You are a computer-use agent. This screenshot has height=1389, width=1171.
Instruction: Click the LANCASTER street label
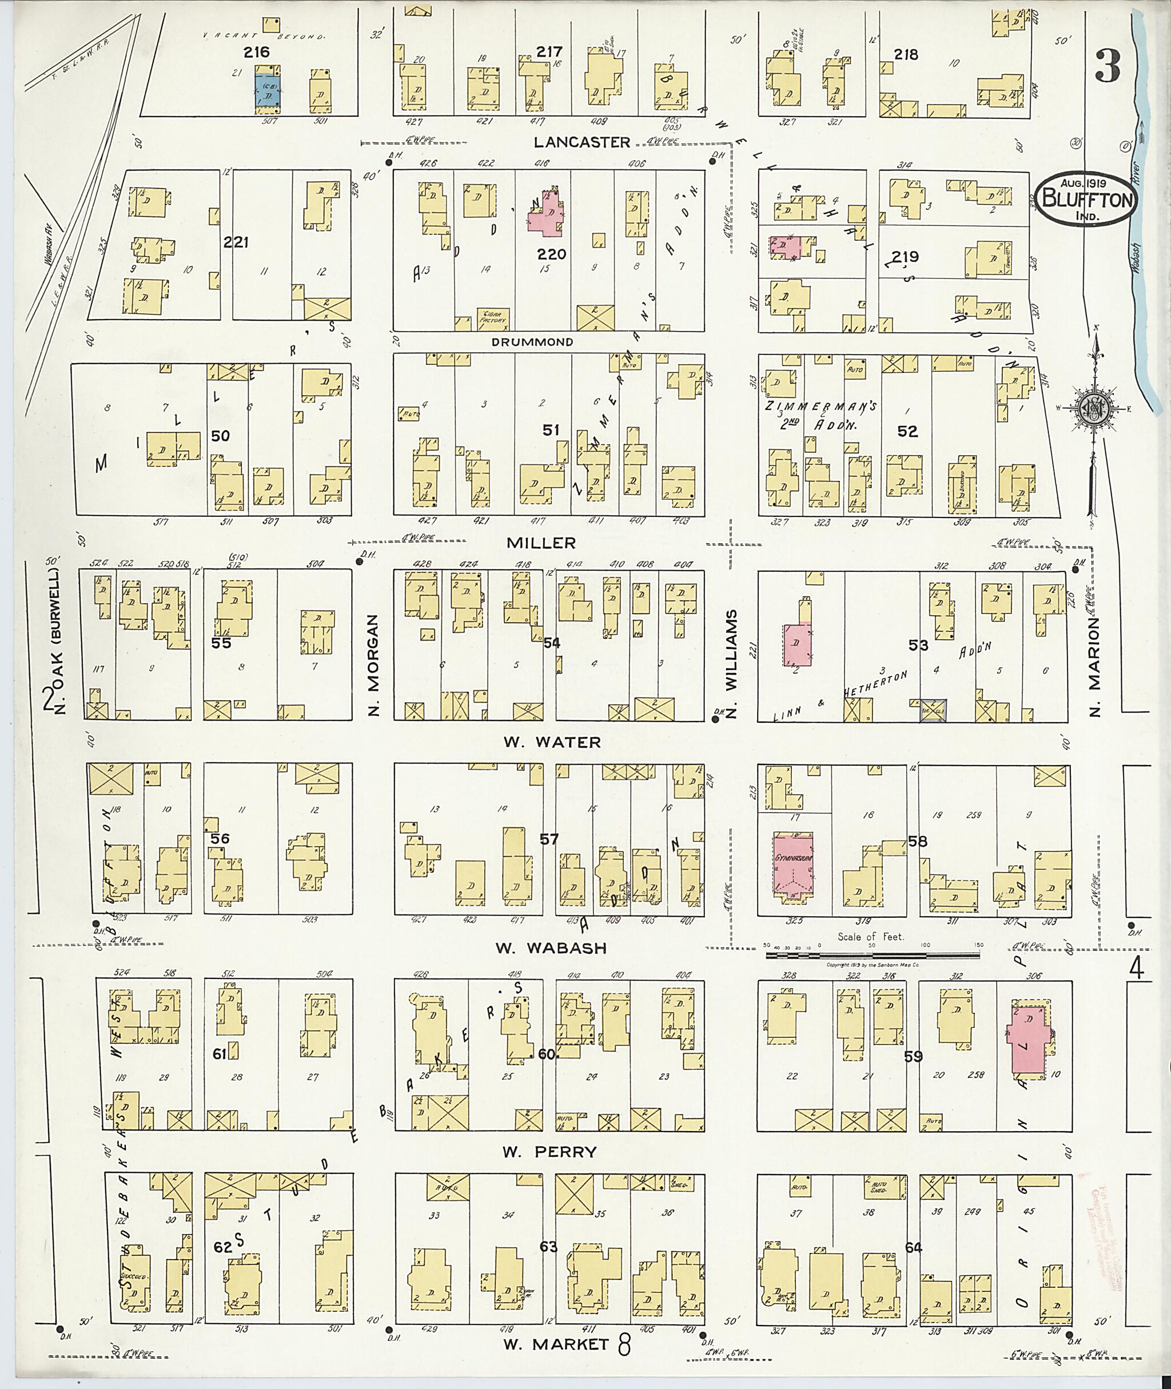coord(582,142)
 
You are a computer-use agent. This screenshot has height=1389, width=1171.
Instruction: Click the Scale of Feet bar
coord(873,955)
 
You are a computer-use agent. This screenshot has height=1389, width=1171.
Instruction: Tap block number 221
coord(236,243)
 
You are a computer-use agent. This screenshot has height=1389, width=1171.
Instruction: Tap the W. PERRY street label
coord(549,1152)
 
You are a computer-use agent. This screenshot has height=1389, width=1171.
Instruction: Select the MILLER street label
coord(541,543)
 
